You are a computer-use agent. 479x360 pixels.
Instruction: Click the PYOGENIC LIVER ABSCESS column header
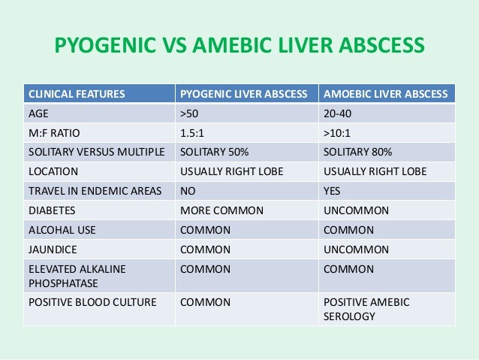(x=244, y=95)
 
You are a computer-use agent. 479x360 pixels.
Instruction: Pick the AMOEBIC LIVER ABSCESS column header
(x=385, y=95)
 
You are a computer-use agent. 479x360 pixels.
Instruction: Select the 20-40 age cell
(x=337, y=113)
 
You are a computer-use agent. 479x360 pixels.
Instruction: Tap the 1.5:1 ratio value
(x=191, y=133)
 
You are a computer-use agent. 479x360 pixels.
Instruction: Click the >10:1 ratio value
(x=339, y=133)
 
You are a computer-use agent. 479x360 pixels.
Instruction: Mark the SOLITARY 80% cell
(x=357, y=152)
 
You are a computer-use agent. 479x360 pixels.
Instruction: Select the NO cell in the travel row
(x=188, y=190)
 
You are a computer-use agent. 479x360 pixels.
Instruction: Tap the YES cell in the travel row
(x=332, y=190)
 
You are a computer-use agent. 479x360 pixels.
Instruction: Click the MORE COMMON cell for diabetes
(x=216, y=210)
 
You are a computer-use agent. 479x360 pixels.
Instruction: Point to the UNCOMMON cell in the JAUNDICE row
(x=356, y=249)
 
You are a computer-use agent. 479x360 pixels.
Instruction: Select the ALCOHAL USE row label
(x=62, y=229)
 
